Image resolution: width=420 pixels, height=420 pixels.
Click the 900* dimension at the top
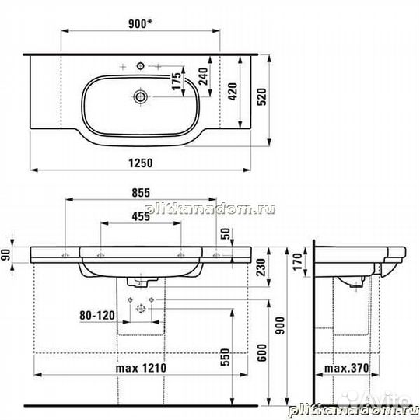click(x=139, y=24)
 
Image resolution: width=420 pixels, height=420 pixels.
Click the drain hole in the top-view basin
click(x=142, y=97)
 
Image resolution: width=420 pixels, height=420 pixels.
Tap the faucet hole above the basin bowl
click(x=142, y=64)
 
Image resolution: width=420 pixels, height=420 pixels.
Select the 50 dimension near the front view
click(x=226, y=233)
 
